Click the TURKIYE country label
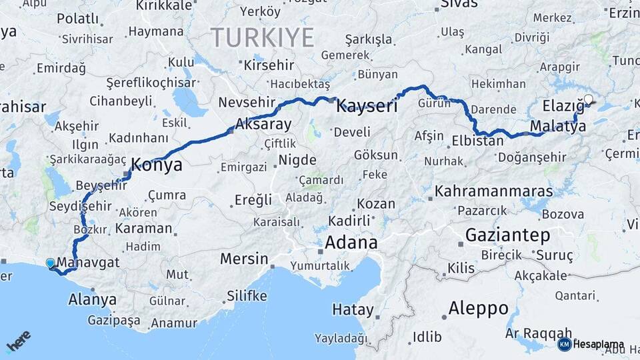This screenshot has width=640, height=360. coord(262,37)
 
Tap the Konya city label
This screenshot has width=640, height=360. coord(157,165)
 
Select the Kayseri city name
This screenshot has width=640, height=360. coord(367,105)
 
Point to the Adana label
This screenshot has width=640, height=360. coord(351,243)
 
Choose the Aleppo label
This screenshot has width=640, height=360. coord(479,308)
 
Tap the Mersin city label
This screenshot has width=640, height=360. coord(244,259)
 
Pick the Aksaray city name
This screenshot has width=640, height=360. coord(263,125)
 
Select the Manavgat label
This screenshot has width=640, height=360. coord(89,263)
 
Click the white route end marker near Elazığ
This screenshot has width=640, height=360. coord(588,101)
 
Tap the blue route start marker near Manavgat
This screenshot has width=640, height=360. coord(50,263)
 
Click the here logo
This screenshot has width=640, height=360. coord(18,342)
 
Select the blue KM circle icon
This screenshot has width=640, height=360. coord(564,344)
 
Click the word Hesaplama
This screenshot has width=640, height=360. coord(599,344)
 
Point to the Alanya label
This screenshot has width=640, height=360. coord(92,300)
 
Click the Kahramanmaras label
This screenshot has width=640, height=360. coord(493,191)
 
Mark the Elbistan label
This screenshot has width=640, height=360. coord(477,141)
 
